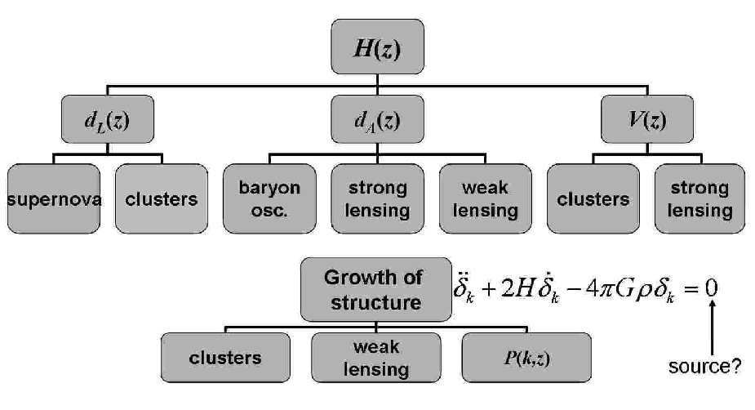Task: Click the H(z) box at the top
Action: [377, 47]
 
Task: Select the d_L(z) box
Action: [108, 119]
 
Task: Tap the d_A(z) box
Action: [377, 119]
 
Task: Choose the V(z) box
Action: [647, 119]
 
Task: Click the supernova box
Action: [54, 198]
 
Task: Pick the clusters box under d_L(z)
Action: [162, 198]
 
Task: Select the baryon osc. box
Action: [269, 198]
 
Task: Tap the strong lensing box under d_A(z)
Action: [377, 198]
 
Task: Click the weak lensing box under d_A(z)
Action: [486, 198]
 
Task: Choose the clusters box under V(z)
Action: [593, 198]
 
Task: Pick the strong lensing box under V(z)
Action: [700, 198]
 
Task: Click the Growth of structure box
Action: [376, 290]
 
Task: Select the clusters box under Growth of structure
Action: [225, 358]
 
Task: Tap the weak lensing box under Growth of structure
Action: [376, 358]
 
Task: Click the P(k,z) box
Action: [526, 358]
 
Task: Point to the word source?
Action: [705, 367]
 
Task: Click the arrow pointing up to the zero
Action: [712, 328]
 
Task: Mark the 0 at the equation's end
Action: [711, 288]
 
